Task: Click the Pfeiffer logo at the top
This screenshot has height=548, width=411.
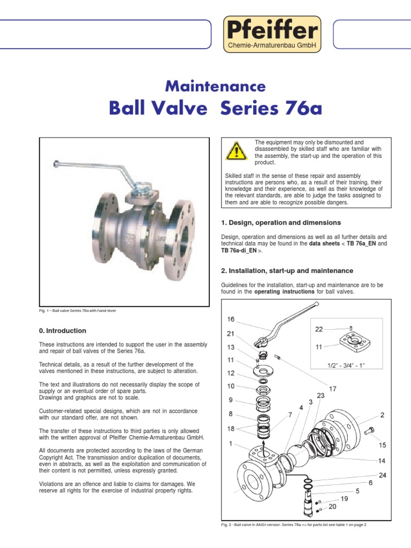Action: pos(272,33)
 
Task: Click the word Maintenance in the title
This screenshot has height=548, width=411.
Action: pos(216,86)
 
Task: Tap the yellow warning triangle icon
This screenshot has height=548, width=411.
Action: pos(236,151)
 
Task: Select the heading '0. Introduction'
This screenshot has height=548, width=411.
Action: pos(63,331)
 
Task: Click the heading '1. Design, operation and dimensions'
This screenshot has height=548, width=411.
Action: pos(281,222)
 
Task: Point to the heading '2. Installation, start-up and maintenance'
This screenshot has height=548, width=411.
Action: pos(287,271)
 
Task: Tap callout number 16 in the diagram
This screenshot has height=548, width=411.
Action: pos(231,319)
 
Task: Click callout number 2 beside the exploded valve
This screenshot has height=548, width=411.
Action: pos(383,415)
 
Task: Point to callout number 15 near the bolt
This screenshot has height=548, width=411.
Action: pos(382,445)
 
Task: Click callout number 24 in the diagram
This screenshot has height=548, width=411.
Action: pos(383,475)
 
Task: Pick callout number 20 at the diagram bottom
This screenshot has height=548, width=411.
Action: pos(332,506)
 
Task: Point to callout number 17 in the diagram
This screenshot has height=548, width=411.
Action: pos(332,389)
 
